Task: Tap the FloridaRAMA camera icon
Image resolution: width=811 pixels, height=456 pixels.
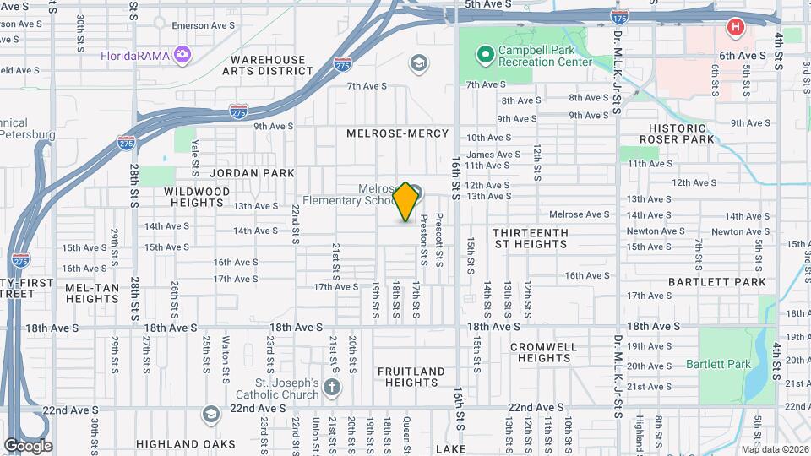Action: [x=182, y=55]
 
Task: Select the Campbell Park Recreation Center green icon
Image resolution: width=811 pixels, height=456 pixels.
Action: [x=485, y=55]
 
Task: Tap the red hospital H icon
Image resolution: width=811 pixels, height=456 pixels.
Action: [x=736, y=27]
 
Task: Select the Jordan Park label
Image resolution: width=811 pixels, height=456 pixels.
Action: [x=252, y=172]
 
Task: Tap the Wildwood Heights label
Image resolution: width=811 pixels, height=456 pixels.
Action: [x=197, y=198]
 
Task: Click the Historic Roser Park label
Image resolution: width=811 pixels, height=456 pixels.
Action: [x=678, y=133]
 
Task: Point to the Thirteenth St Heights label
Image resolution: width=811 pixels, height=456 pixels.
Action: [x=531, y=238]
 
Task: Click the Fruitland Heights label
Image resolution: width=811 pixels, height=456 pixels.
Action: [x=411, y=377]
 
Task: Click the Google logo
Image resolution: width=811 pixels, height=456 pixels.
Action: [x=28, y=445]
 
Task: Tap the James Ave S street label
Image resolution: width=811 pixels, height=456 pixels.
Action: [x=493, y=155]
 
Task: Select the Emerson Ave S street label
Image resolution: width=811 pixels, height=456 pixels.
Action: [x=202, y=26]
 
